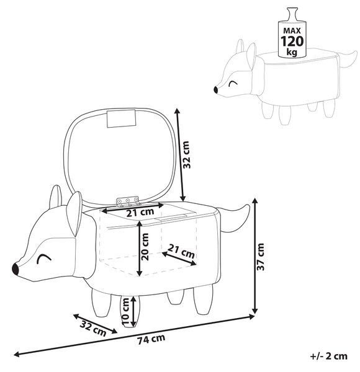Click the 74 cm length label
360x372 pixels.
(151, 339)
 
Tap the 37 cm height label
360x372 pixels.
(261, 257)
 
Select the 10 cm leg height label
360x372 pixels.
(125, 311)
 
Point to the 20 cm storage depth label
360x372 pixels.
(145, 247)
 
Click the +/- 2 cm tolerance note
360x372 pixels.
(329, 356)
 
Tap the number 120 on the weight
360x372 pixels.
(292, 42)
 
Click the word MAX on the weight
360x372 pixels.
(292, 30)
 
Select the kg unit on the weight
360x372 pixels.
(292, 52)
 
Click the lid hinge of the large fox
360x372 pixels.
(128, 201)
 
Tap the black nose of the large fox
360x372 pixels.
(16, 268)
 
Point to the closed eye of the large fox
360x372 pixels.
(45, 258)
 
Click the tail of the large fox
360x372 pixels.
(233, 218)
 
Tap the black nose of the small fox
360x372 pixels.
(216, 90)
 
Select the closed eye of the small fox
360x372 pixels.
(233, 84)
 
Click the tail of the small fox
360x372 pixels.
(348, 60)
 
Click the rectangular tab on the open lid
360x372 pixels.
(122, 118)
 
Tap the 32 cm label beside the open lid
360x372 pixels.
(186, 154)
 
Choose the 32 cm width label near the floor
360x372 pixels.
(93, 328)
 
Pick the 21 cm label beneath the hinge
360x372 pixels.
(140, 212)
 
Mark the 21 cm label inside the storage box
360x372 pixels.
(181, 251)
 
